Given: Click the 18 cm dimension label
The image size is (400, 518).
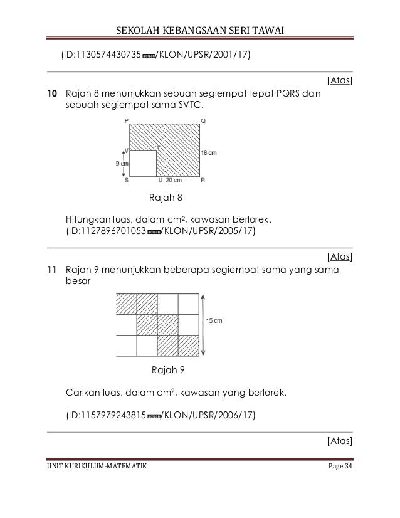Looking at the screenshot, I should point(209,152).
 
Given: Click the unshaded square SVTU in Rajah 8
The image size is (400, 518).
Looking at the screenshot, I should point(142,162).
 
